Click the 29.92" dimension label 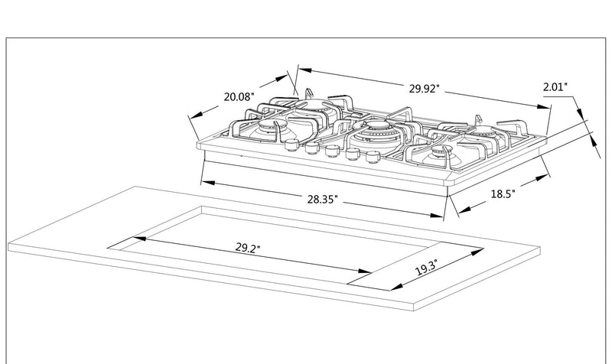(x=424, y=89)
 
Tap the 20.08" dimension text (x=239, y=97)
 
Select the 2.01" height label (x=555, y=88)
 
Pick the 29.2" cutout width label (x=248, y=249)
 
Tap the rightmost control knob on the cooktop (x=373, y=158)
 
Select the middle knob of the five (x=331, y=151)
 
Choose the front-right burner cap (x=439, y=156)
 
